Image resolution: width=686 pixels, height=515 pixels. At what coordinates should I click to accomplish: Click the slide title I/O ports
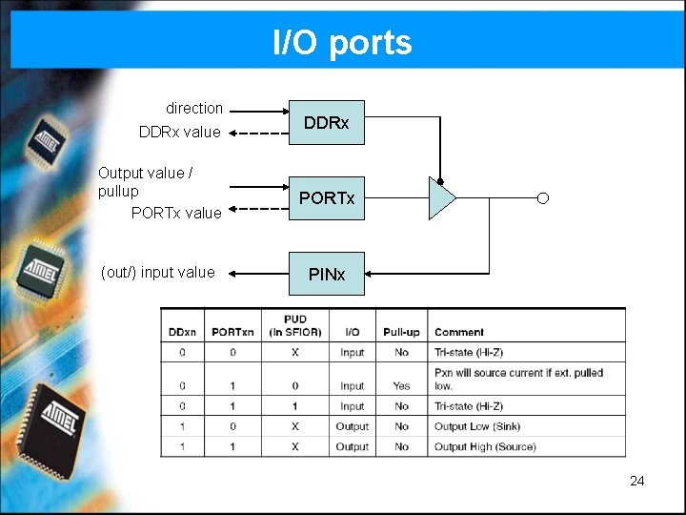342,43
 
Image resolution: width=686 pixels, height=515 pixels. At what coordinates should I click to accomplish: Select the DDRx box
327,123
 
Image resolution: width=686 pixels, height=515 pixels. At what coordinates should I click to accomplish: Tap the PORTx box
327,198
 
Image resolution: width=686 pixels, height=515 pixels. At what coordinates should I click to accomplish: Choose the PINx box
327,274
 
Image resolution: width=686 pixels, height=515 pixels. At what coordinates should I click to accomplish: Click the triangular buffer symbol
441,198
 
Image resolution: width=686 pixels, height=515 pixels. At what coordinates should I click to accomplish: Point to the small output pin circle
542,198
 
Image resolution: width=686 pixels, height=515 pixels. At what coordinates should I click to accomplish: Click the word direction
194,108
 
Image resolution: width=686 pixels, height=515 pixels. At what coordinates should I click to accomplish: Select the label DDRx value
179,132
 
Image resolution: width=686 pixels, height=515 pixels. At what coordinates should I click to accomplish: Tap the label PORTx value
176,213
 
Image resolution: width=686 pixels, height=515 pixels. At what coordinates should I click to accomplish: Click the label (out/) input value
158,272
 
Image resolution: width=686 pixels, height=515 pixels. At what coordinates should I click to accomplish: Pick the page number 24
637,481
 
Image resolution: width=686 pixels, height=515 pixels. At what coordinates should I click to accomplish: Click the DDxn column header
182,332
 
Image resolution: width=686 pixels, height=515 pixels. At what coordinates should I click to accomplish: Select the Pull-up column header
401,332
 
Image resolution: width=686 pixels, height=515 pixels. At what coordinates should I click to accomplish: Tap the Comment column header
459,332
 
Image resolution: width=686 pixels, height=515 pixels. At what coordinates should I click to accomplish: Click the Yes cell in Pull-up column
401,385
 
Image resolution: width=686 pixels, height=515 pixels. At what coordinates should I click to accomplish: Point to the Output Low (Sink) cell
477,426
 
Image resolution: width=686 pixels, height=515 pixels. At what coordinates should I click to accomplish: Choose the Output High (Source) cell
485,446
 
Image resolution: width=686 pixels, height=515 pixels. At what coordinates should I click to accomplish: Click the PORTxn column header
233,332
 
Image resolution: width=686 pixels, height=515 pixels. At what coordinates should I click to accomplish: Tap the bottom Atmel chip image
56,420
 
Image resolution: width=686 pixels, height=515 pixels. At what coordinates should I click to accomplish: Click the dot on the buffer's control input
440,179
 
